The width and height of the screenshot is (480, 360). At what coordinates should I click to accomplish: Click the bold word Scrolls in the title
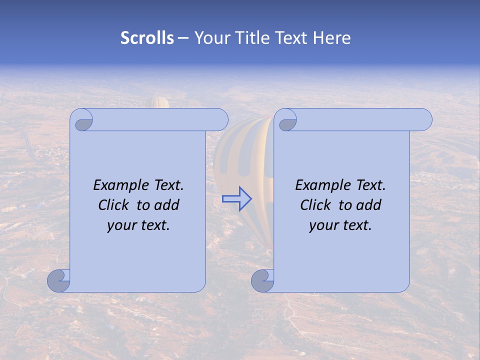pos(147,38)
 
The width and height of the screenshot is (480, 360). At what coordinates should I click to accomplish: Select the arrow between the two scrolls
pos(237,199)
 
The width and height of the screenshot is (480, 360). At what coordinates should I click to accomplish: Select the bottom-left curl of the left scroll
pos(58,280)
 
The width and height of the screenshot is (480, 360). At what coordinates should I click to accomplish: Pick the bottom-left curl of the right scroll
pos(262,280)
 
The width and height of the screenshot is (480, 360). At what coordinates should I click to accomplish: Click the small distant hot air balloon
pos(158,102)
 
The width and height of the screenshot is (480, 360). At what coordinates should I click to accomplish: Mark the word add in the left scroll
pos(167,205)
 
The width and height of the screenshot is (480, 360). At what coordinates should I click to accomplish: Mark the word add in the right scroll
pos(369,205)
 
